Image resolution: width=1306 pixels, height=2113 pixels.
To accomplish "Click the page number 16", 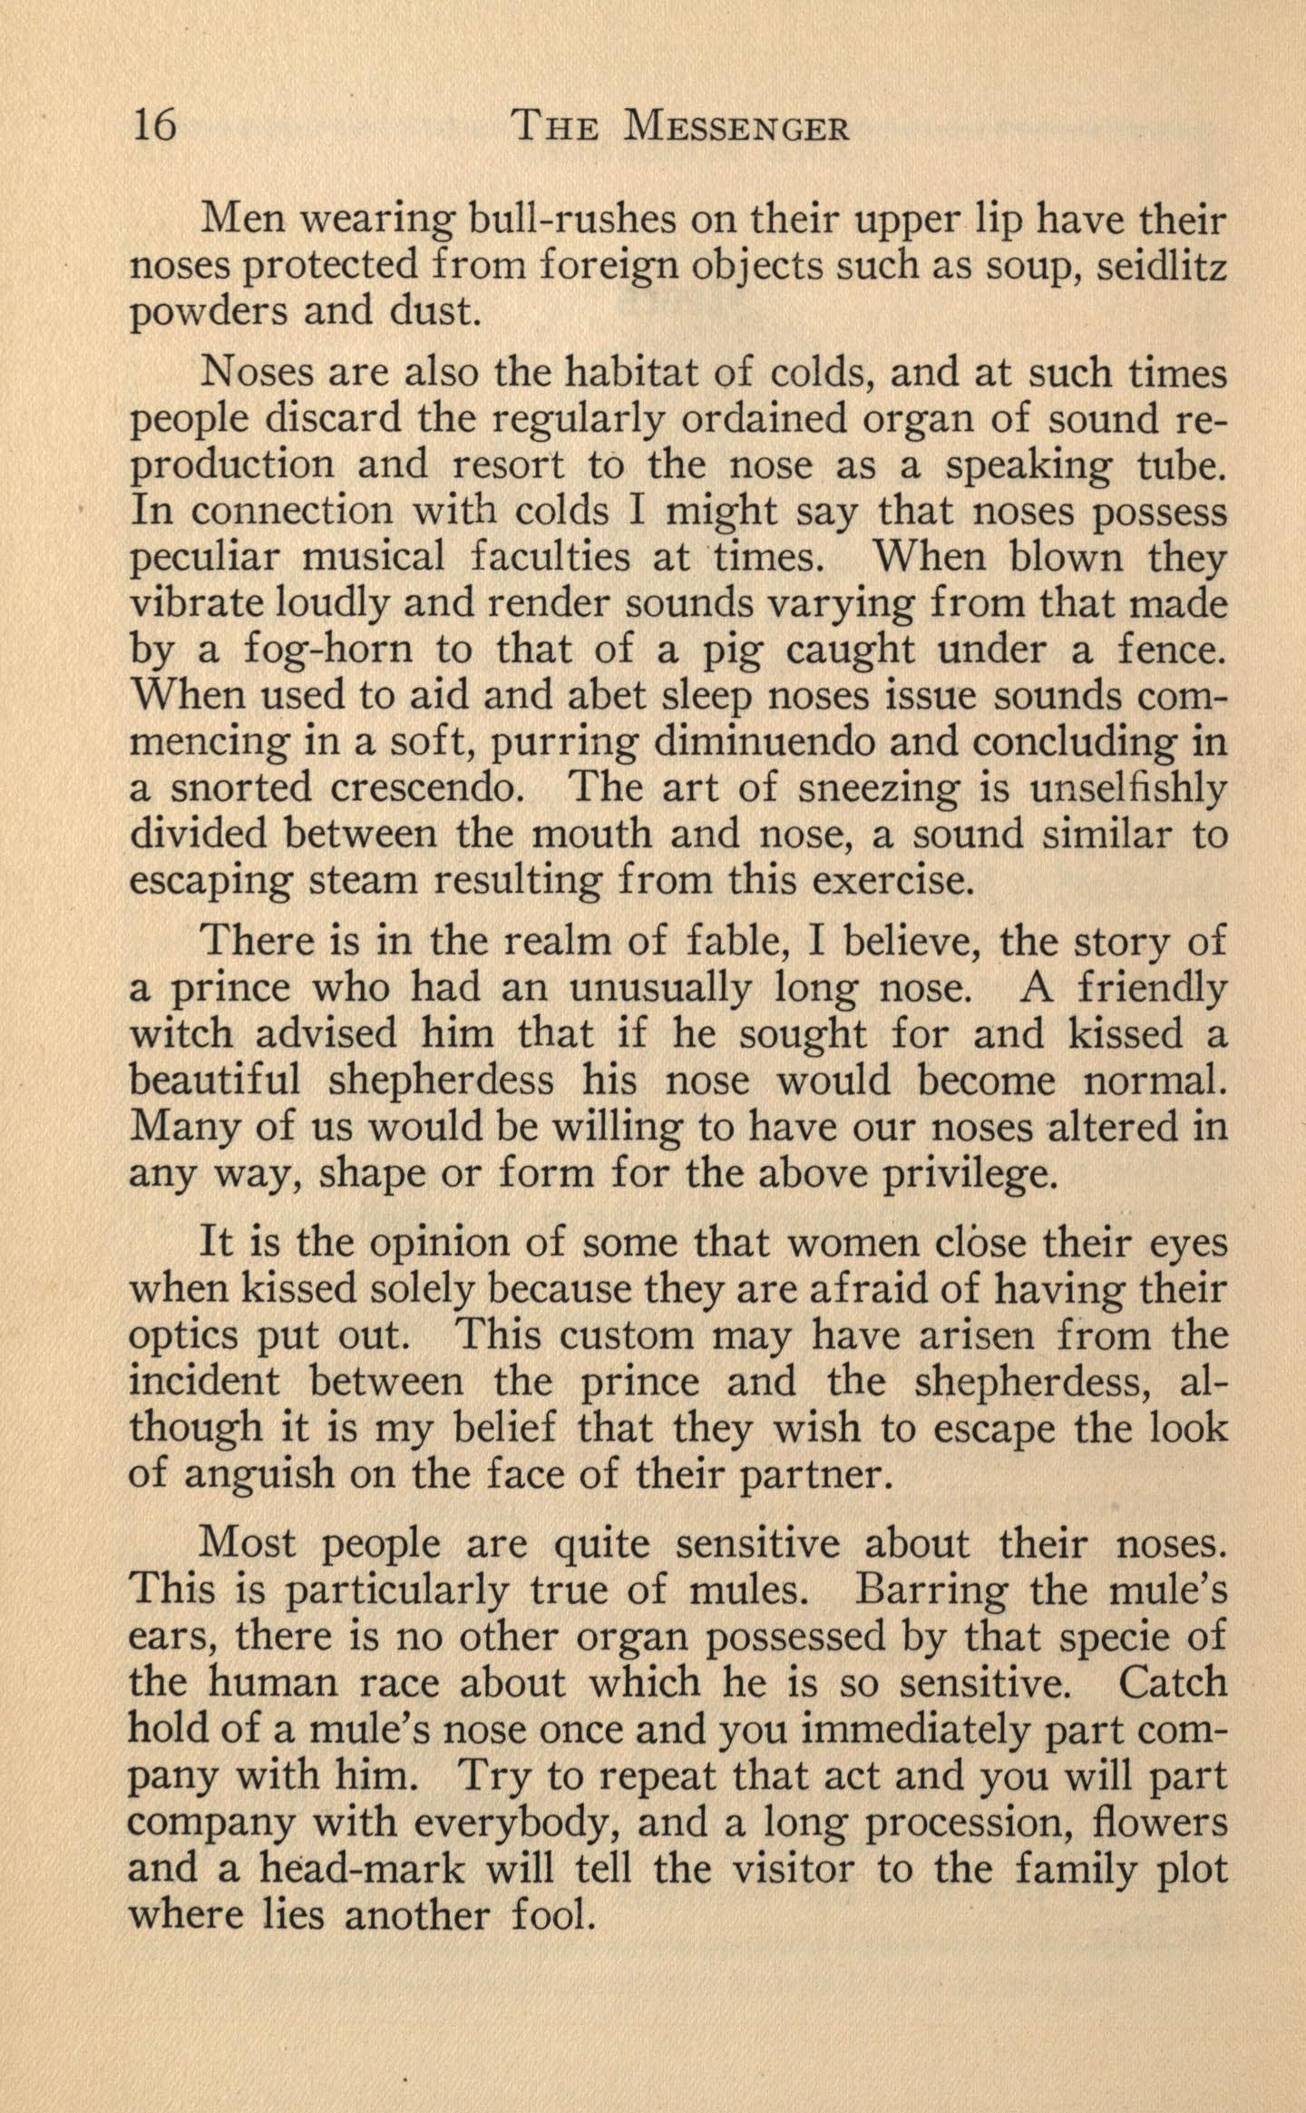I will pyautogui.click(x=155, y=125).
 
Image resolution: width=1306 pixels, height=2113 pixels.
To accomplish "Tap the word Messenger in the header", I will pyautogui.click(x=736, y=126).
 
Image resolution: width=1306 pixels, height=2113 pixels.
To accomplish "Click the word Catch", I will pyautogui.click(x=1173, y=1683).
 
